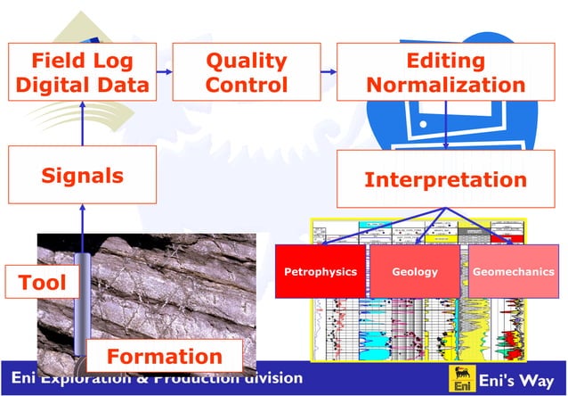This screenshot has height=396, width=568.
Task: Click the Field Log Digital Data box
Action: [82, 73]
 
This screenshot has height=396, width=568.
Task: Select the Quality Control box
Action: [246, 73]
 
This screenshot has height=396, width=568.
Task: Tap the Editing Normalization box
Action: [445, 73]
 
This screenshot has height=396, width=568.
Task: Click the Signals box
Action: [82, 175]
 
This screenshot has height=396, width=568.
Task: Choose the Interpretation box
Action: [445, 179]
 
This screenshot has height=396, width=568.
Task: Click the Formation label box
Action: [164, 356]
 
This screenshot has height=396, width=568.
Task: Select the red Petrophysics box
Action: [320, 271]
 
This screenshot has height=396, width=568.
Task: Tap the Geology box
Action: [414, 271]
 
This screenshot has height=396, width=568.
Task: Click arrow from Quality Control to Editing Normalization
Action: [327, 71]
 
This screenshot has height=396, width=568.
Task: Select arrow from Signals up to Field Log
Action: [82, 124]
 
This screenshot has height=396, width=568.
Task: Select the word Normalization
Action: [445, 86]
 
